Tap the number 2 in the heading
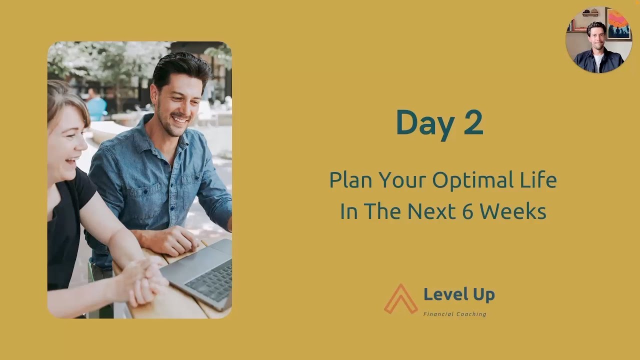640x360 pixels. (473, 123)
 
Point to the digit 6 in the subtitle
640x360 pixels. (467, 211)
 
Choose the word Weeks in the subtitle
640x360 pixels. (513, 211)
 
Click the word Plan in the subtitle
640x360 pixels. (350, 180)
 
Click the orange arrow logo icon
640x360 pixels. (401, 299)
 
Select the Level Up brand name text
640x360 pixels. (459, 294)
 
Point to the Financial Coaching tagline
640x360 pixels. (454, 314)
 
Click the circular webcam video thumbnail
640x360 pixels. (598, 40)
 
